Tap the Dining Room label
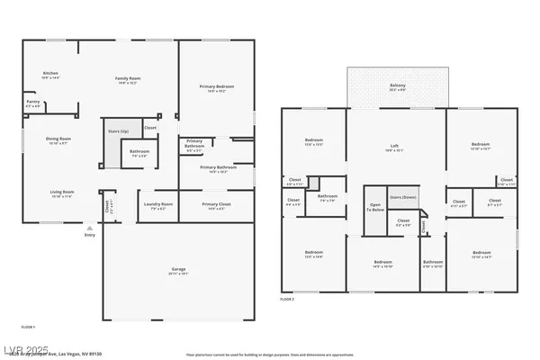coord(58,140)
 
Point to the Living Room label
coord(60,193)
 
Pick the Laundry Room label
coord(157,206)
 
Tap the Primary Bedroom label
coord(216,88)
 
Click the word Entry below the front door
coord(89,235)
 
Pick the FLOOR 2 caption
coord(288,298)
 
